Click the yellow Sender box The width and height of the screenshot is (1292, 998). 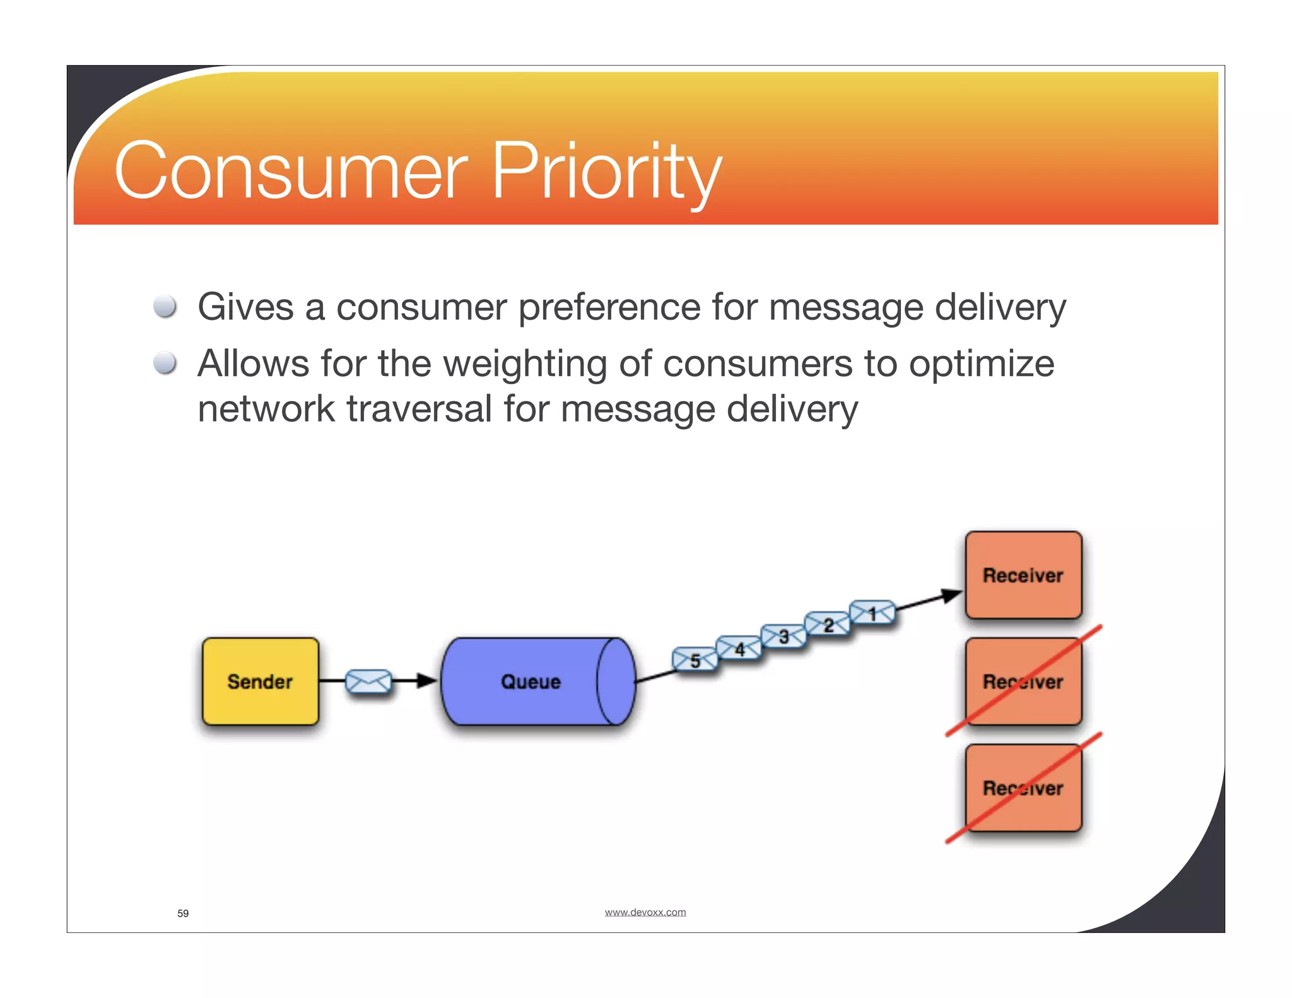point(260,681)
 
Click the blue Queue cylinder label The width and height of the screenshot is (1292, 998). point(531,682)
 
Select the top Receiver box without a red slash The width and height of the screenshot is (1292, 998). point(1023,575)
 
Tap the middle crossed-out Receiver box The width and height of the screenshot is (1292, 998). point(1023,681)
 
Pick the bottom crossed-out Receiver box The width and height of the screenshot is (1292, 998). point(1023,788)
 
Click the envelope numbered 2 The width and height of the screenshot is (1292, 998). point(828,625)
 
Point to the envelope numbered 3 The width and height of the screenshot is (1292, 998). point(784,636)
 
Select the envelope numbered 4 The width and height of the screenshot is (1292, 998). point(739,648)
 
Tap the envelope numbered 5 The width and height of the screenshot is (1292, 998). point(695,660)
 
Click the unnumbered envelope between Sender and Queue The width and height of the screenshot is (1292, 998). point(368,681)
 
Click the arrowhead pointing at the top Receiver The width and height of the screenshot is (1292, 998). point(952,595)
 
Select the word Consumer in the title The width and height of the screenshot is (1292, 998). point(291,172)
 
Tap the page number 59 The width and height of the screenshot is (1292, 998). point(183,913)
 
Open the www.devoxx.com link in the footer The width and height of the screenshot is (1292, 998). point(645,912)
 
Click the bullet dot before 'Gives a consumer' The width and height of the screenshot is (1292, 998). point(165,307)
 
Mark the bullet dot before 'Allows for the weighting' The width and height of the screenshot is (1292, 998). point(165,363)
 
